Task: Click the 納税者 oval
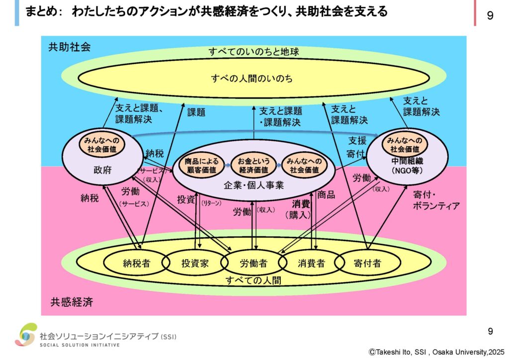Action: (x=136, y=264)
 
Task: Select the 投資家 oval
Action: (x=194, y=264)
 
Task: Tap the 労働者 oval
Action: (x=254, y=264)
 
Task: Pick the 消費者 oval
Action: (x=311, y=264)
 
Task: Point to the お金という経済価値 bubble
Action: (x=254, y=165)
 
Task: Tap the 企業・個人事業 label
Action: (x=254, y=185)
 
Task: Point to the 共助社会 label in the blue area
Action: (x=69, y=48)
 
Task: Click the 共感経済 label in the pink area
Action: (x=71, y=302)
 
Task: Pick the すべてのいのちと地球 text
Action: (x=254, y=52)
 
